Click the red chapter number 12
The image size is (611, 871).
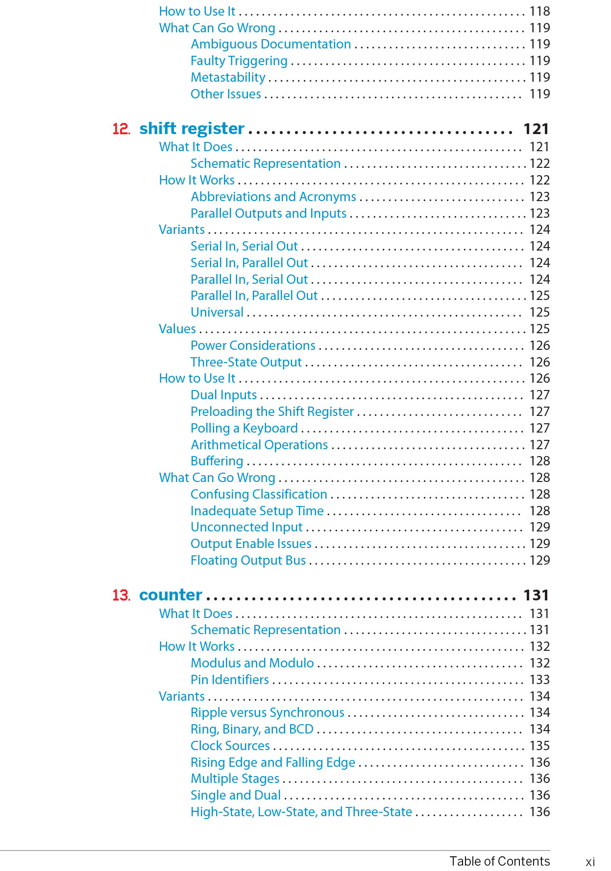click(121, 129)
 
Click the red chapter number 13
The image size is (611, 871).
click(121, 595)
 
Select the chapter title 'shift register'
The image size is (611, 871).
click(192, 128)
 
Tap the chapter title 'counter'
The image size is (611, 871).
click(171, 595)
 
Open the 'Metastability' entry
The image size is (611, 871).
click(228, 77)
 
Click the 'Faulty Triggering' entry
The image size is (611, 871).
click(239, 61)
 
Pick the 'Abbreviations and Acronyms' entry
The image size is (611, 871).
click(273, 197)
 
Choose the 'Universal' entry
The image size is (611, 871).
click(217, 312)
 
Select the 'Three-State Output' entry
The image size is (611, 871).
click(246, 362)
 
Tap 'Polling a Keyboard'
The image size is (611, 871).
click(244, 428)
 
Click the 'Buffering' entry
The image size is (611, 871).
click(217, 461)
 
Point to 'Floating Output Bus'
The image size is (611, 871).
click(248, 560)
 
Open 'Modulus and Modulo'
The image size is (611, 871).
click(252, 663)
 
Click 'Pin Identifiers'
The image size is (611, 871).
click(229, 680)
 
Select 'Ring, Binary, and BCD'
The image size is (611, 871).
click(252, 729)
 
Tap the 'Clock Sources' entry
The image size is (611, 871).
click(230, 746)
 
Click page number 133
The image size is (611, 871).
click(539, 680)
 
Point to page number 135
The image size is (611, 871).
click(539, 746)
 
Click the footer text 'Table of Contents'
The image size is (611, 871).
click(499, 861)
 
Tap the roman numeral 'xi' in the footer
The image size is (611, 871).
click(590, 862)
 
